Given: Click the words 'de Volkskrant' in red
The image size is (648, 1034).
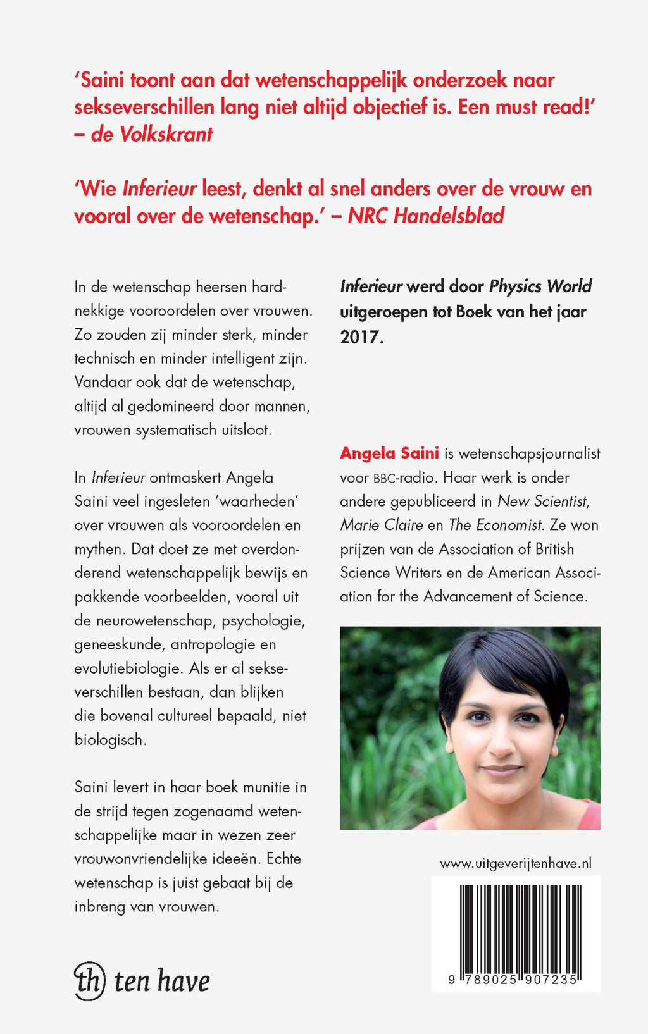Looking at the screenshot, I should pos(152,134).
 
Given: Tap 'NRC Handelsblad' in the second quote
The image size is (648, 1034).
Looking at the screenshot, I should pos(426,216).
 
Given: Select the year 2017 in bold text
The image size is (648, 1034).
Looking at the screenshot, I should pos(361,336).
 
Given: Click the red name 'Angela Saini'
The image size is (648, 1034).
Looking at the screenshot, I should pos(389,453).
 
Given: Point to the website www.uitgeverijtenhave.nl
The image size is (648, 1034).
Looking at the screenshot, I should pos(516,863).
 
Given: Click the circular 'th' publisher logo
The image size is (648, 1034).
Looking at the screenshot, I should pos(89,981).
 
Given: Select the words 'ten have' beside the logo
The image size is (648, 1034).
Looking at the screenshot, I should pos(162,981).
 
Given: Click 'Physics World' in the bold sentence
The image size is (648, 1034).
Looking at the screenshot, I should pos(540,286).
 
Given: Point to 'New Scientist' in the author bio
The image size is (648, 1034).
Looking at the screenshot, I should pos(543,501).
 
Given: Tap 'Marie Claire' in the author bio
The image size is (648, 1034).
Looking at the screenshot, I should pos(381,525).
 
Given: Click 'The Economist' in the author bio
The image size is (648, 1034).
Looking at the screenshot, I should pos(496,525).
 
